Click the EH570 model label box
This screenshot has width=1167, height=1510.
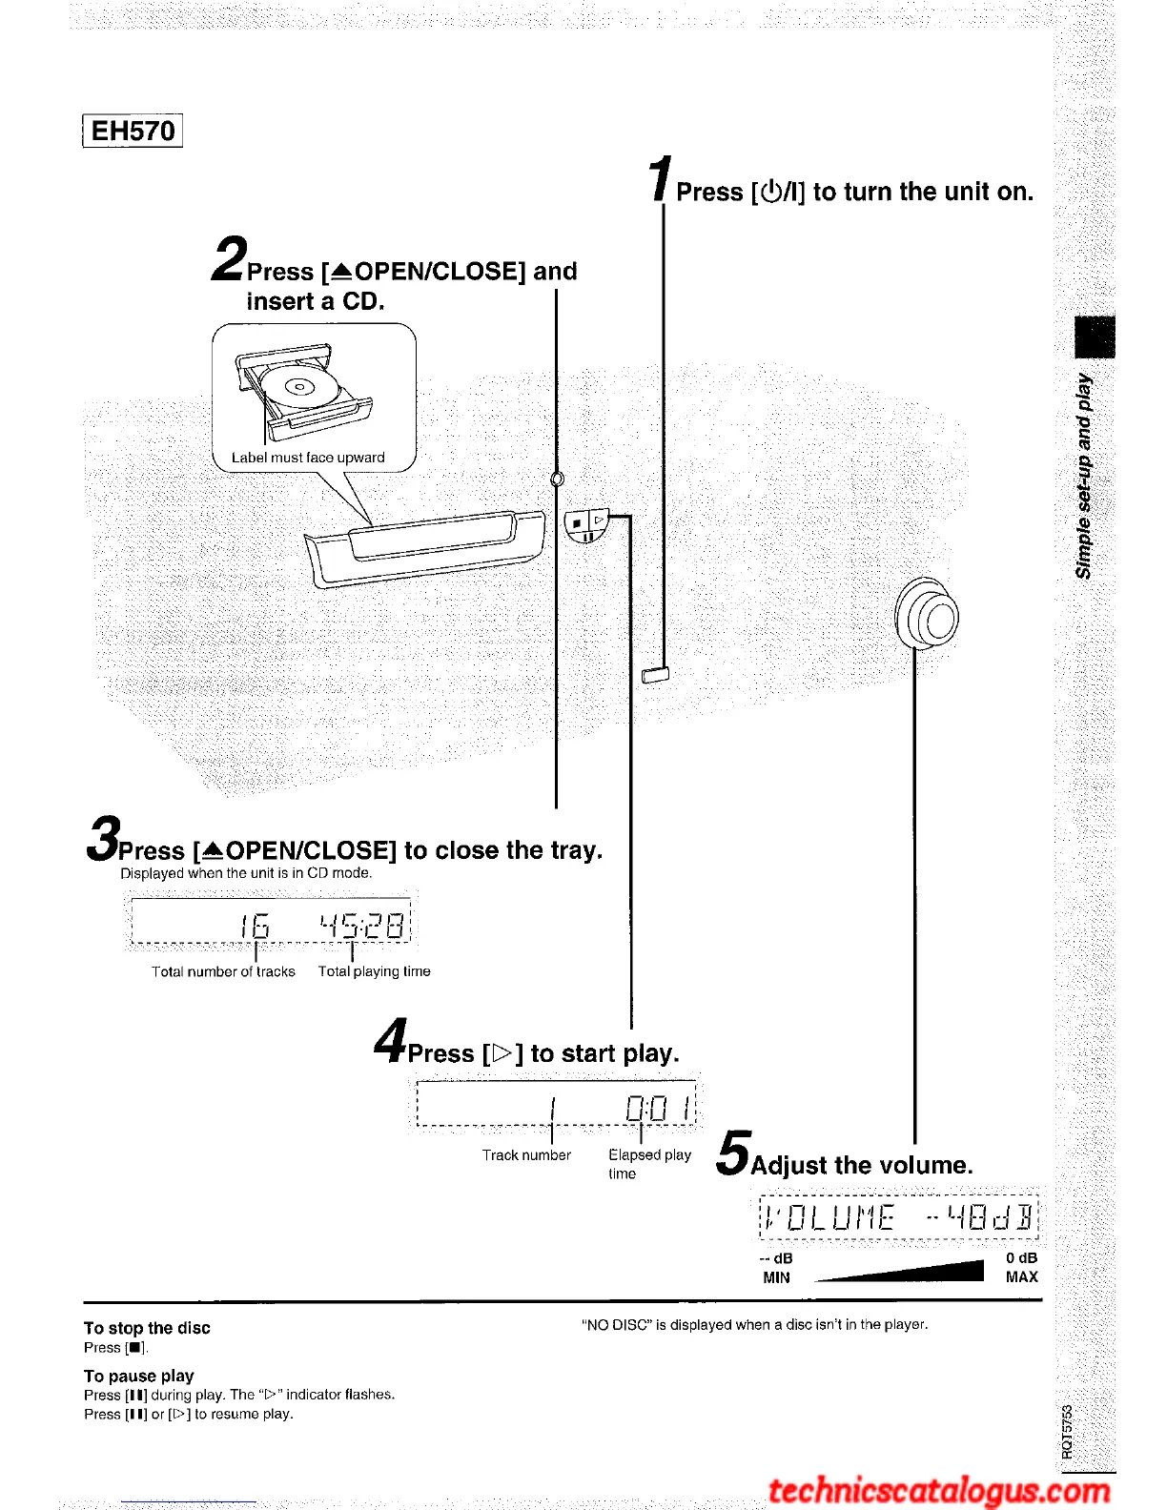click(133, 131)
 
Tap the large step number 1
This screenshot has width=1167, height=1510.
click(661, 179)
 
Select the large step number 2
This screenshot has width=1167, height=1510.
click(229, 259)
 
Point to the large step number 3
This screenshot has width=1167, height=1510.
click(104, 838)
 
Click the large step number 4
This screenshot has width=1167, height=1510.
click(391, 1040)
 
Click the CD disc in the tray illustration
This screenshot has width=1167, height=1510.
click(299, 386)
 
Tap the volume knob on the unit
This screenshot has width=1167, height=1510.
click(928, 615)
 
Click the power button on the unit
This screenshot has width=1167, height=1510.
click(656, 676)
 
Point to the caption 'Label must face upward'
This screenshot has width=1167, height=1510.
click(308, 458)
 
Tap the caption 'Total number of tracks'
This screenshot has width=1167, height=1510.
click(223, 971)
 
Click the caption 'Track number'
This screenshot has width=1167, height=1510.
click(526, 1155)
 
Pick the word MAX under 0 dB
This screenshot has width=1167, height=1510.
click(1021, 1277)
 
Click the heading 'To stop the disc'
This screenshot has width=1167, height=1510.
click(147, 1328)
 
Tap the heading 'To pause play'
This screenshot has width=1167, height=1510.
click(139, 1376)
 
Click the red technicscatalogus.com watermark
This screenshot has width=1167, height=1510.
click(939, 1490)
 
